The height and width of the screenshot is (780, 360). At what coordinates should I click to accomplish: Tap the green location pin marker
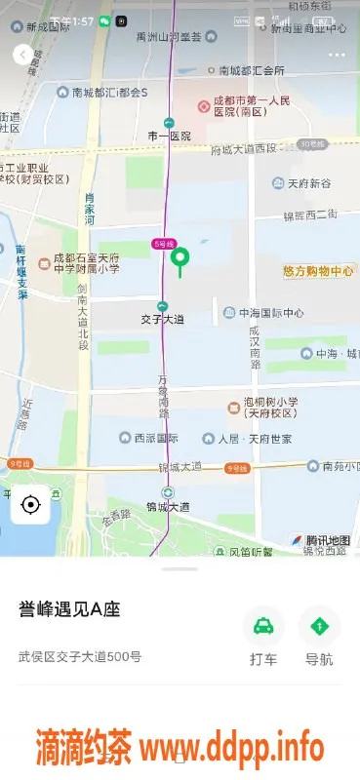pyautogui.click(x=180, y=259)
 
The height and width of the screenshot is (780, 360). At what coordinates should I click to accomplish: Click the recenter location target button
pyautogui.click(x=30, y=505)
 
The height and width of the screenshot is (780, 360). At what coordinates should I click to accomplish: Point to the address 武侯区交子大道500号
pyautogui.click(x=80, y=656)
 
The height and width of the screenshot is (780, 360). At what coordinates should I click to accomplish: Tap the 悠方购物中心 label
pyautogui.click(x=318, y=271)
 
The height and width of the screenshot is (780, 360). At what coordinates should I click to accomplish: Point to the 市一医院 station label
pyautogui.click(x=169, y=135)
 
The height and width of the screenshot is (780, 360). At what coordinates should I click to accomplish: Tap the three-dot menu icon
pyautogui.click(x=337, y=55)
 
